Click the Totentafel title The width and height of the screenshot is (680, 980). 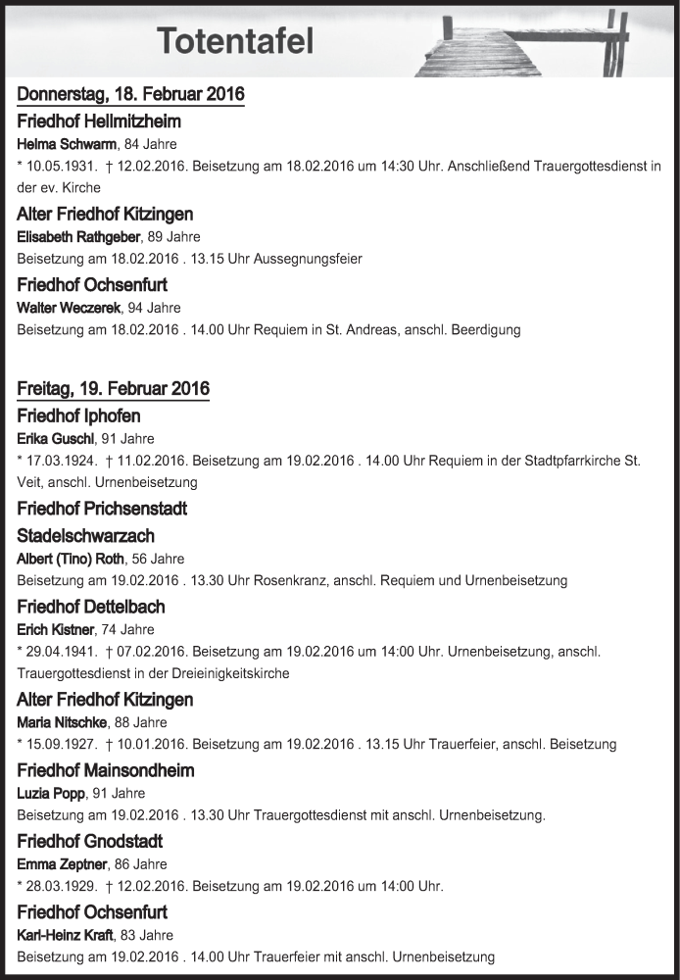pos(235,42)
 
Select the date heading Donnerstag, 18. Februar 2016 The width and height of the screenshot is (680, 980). pos(130,95)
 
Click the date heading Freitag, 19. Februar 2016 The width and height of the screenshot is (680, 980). pos(113,389)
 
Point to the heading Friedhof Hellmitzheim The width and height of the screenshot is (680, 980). pos(99,122)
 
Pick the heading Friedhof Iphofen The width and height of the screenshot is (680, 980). pos(78,416)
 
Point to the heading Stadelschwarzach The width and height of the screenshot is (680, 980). pos(86,536)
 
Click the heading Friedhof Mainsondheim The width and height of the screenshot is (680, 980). pos(106,770)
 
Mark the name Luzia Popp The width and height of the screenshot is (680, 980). pos(52,794)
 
